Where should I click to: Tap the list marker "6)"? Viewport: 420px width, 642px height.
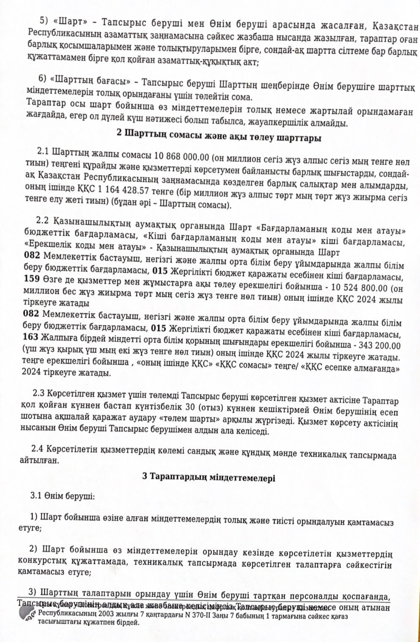41,78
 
